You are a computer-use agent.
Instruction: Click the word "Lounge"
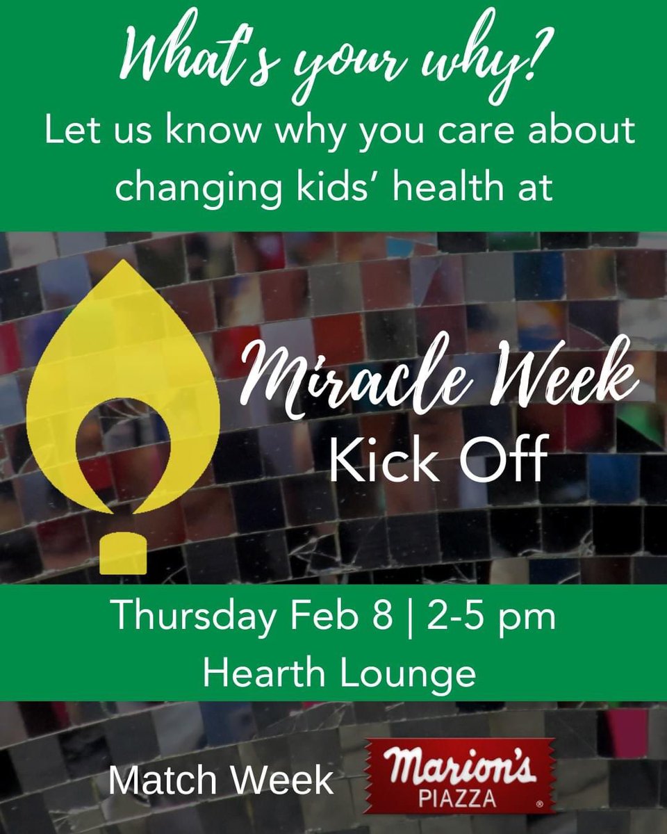coord(411,673)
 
